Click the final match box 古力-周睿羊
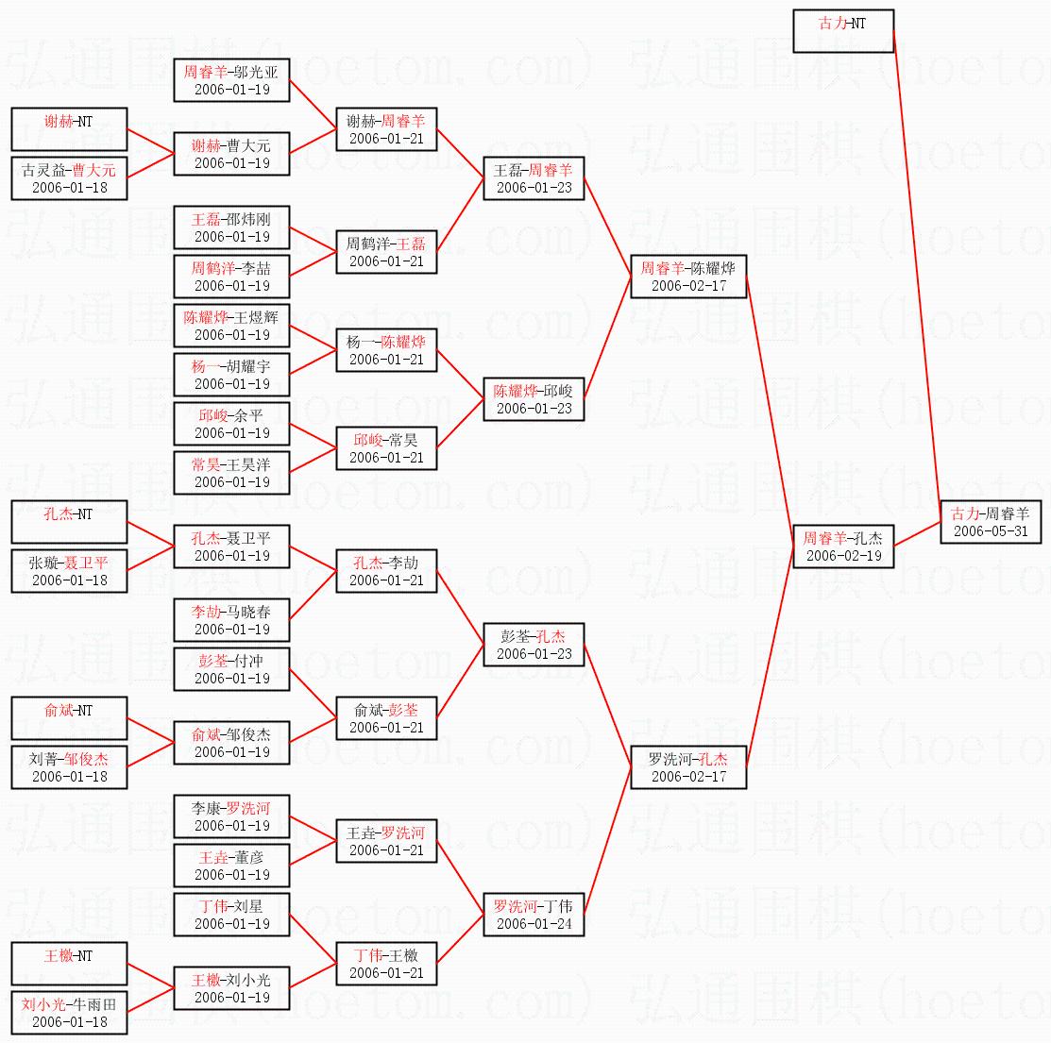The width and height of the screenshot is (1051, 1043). pyautogui.click(x=990, y=522)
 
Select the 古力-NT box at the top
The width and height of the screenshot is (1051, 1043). pyautogui.click(x=842, y=31)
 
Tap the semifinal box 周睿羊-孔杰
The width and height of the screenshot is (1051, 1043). pyautogui.click(x=842, y=547)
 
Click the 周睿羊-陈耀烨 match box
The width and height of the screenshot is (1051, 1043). pyautogui.click(x=687, y=277)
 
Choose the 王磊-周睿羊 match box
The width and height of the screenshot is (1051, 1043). pyautogui.click(x=534, y=178)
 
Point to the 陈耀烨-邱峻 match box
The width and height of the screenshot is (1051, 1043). pyautogui.click(x=534, y=399)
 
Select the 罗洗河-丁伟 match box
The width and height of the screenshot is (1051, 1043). pyautogui.click(x=534, y=915)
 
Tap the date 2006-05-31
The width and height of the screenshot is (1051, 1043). pyautogui.click(x=990, y=531)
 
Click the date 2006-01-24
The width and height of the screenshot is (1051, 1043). pyautogui.click(x=534, y=924)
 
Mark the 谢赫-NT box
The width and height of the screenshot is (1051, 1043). pyautogui.click(x=69, y=129)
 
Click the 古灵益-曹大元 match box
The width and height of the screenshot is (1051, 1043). pyautogui.click(x=69, y=178)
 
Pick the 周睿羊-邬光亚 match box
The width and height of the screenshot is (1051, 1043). pyautogui.click(x=231, y=80)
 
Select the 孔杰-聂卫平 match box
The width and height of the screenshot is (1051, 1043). pyautogui.click(x=231, y=547)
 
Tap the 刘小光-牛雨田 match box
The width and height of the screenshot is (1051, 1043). pyautogui.click(x=69, y=1013)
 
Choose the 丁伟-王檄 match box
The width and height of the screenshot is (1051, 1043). pyautogui.click(x=386, y=964)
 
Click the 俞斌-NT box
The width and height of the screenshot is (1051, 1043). pyautogui.click(x=69, y=718)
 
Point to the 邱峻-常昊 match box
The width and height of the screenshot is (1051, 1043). pyautogui.click(x=386, y=448)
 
